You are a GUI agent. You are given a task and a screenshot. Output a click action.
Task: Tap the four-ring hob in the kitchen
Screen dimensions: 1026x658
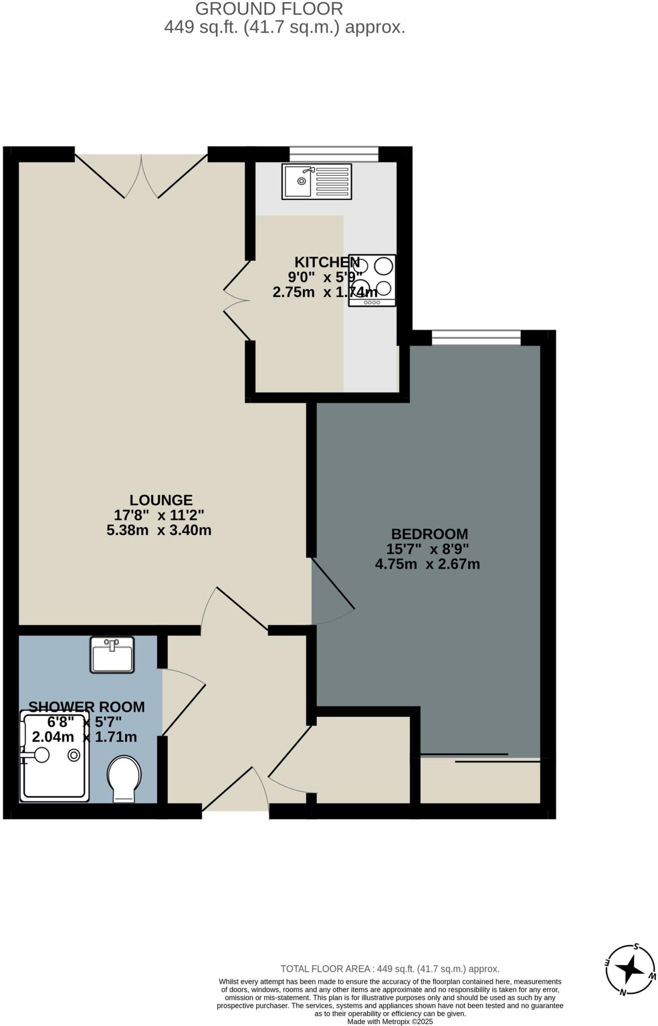[372, 280]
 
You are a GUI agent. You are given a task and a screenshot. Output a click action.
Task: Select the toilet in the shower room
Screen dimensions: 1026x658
[124, 778]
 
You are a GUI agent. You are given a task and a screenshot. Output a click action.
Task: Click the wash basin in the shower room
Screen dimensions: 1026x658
[112, 655]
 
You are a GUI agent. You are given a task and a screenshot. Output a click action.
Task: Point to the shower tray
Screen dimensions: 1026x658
[54, 756]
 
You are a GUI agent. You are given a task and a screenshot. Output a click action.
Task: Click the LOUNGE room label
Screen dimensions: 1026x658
[161, 500]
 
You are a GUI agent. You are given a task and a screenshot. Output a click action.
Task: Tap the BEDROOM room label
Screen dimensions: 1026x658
[429, 534]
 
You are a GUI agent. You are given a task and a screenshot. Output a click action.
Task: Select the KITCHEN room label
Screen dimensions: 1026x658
[326, 262]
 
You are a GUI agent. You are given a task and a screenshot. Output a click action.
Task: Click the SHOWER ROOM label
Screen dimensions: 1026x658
[87, 707]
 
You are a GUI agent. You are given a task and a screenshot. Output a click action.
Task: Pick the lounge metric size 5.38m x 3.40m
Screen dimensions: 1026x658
[159, 530]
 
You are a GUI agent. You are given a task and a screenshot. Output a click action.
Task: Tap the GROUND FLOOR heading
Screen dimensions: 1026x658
[269, 9]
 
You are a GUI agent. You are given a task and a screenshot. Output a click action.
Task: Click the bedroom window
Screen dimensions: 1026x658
[476, 338]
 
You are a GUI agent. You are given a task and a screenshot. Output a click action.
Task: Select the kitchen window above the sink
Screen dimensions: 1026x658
[334, 154]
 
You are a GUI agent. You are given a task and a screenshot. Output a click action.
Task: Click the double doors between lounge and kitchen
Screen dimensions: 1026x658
[237, 301]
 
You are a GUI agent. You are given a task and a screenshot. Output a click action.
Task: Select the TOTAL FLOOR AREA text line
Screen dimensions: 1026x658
[390, 969]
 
